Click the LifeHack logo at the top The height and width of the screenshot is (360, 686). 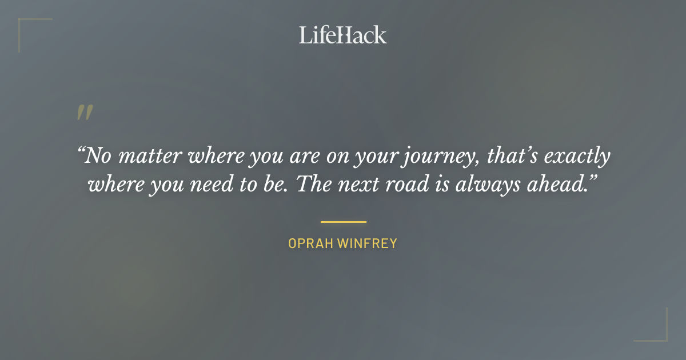coord(343,35)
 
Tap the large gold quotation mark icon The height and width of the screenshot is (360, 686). coord(84,113)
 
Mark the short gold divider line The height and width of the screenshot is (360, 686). coord(343,222)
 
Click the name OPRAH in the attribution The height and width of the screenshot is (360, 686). coord(310,243)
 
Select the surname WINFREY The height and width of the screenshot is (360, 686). coord(367,243)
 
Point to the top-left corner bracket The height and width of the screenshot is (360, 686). coord(29,29)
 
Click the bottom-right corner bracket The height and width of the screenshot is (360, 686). coord(657,331)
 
